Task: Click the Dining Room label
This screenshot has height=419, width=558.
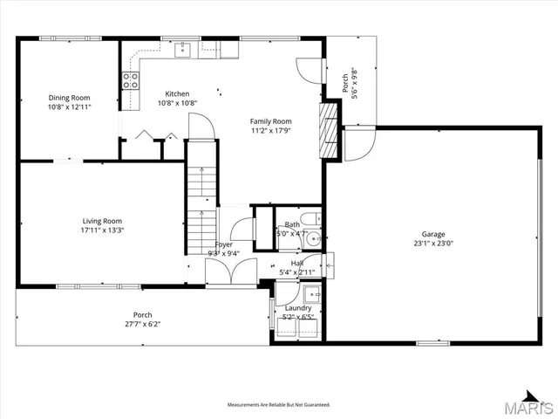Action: [x=69, y=98]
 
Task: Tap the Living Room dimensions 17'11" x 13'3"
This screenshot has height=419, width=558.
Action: [x=102, y=230]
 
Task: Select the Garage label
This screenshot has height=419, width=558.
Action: [x=433, y=234]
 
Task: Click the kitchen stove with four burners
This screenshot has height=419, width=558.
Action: [x=131, y=81]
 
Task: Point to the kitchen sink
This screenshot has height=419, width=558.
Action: [x=182, y=50]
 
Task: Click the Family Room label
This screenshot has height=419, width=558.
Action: [x=270, y=121]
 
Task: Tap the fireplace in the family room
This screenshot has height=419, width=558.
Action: [x=329, y=130]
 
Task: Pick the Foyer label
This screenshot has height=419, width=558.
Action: [x=224, y=245]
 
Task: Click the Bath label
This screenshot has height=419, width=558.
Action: [x=291, y=224]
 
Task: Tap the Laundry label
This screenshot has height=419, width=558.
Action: [x=297, y=308]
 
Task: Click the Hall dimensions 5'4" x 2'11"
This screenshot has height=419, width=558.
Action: [x=297, y=271]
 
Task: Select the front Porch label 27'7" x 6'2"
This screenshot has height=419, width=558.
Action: [x=142, y=324]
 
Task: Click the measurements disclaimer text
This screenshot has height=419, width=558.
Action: [x=279, y=405]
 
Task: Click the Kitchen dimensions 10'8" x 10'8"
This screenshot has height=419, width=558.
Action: [x=177, y=102]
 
